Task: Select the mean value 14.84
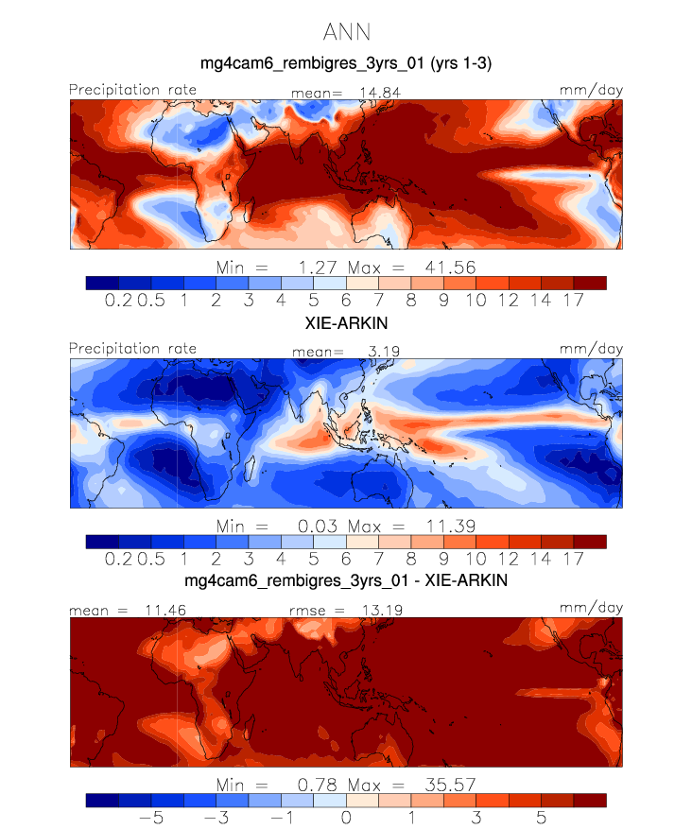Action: [372, 92]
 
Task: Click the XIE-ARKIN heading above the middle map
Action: [345, 322]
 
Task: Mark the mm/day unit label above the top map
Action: [592, 90]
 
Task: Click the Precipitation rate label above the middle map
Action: [133, 349]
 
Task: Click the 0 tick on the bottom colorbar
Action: [346, 817]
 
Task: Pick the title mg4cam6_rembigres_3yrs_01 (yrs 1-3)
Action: [345, 64]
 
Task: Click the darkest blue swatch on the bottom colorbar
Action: [101, 800]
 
